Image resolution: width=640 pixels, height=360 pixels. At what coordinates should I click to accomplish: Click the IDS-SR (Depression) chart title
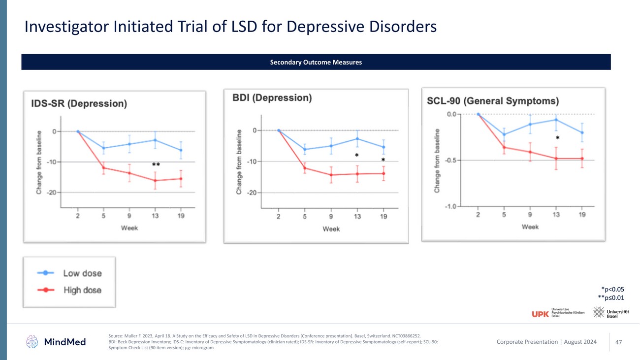point(79,104)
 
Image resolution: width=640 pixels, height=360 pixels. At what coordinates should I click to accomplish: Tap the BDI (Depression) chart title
point(272,98)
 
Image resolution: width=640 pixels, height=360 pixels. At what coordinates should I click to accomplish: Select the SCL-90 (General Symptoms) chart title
point(492,101)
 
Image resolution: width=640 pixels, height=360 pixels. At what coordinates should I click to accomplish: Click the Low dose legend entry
point(82,273)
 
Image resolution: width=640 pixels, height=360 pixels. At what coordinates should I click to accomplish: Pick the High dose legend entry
point(82,290)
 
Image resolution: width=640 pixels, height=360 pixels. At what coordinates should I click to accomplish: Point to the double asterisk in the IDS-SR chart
point(156,164)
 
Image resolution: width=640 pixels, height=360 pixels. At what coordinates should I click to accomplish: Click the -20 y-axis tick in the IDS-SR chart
point(51,192)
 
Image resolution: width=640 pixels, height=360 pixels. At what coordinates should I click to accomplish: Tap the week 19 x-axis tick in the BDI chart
point(384,216)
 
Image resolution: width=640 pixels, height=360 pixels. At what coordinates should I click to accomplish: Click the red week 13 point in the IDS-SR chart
point(155,180)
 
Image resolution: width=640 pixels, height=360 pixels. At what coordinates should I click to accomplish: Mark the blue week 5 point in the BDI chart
point(305,149)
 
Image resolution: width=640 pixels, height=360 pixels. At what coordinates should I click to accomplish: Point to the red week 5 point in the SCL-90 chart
point(504,147)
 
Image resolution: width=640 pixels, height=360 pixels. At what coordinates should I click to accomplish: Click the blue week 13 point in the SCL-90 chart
point(556,120)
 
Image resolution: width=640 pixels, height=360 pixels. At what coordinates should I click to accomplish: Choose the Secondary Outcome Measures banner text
point(316,63)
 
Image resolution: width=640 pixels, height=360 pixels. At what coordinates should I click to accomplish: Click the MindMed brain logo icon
point(32,341)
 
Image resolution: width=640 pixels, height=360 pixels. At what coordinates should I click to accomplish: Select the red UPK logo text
point(540,314)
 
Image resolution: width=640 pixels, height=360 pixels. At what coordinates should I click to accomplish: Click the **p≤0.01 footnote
point(610,297)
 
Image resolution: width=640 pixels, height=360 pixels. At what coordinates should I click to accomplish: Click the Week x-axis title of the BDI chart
point(331,229)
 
